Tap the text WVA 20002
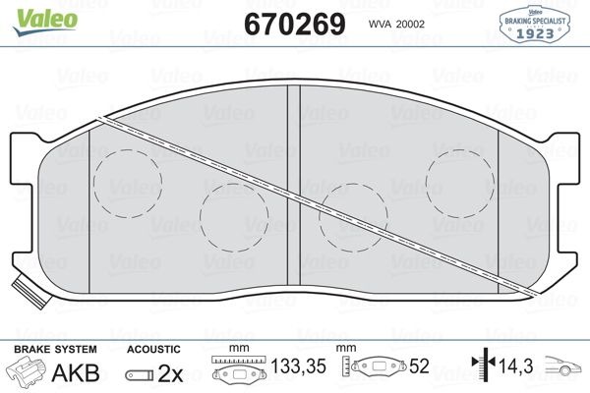[396, 24]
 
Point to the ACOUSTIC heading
[153, 348]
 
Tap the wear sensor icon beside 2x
[140, 374]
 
